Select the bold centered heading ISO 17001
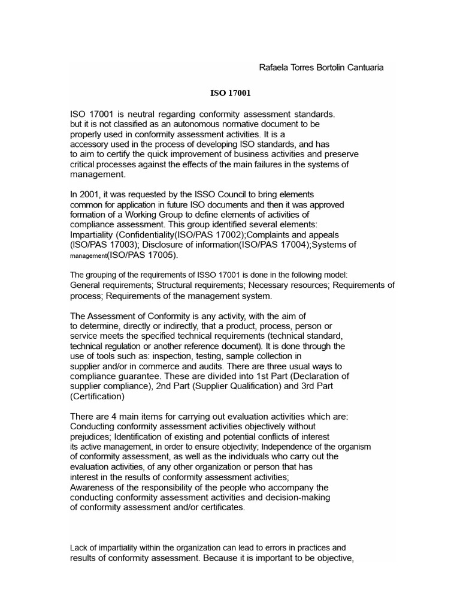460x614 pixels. pyautogui.click(x=230, y=94)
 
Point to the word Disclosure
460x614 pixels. pyautogui.click(x=143, y=245)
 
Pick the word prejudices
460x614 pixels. pyautogui.click(x=90, y=437)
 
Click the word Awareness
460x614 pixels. pyautogui.click(x=90, y=487)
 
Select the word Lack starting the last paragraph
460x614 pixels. pyautogui.click(x=79, y=548)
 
